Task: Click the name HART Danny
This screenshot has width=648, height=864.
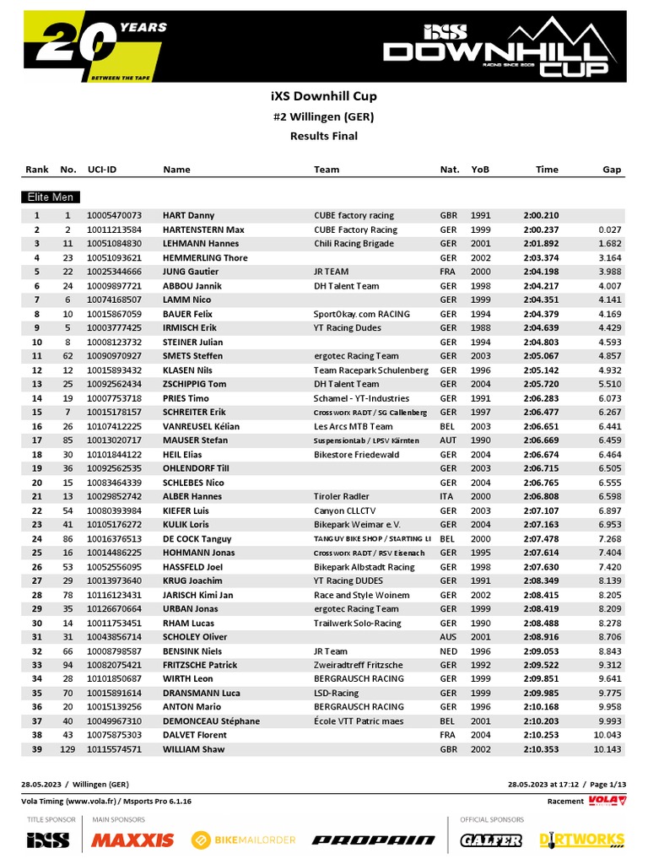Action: [188, 215]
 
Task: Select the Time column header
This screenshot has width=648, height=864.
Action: [547, 170]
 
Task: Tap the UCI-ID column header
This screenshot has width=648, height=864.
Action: [102, 170]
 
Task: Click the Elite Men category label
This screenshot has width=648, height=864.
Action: [49, 197]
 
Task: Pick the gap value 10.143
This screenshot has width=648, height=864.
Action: [607, 749]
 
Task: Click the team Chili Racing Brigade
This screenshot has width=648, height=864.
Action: [354, 244]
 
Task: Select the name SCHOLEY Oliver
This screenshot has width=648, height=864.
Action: [195, 637]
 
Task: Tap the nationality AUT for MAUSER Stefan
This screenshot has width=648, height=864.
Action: [448, 440]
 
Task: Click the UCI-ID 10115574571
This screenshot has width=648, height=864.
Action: [114, 749]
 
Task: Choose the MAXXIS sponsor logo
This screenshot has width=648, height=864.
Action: [132, 840]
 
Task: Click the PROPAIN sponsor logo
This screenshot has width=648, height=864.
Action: [373, 840]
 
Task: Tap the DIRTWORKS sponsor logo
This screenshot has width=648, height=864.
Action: [581, 840]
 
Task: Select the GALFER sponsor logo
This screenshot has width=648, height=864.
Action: [491, 840]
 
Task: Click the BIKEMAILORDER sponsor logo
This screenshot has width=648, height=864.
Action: [244, 840]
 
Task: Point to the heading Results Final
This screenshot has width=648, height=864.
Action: [324, 136]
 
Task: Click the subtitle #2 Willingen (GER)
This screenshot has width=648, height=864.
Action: [324, 116]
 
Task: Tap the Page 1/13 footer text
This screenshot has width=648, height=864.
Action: [604, 784]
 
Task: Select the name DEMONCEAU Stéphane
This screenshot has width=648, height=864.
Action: [211, 721]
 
